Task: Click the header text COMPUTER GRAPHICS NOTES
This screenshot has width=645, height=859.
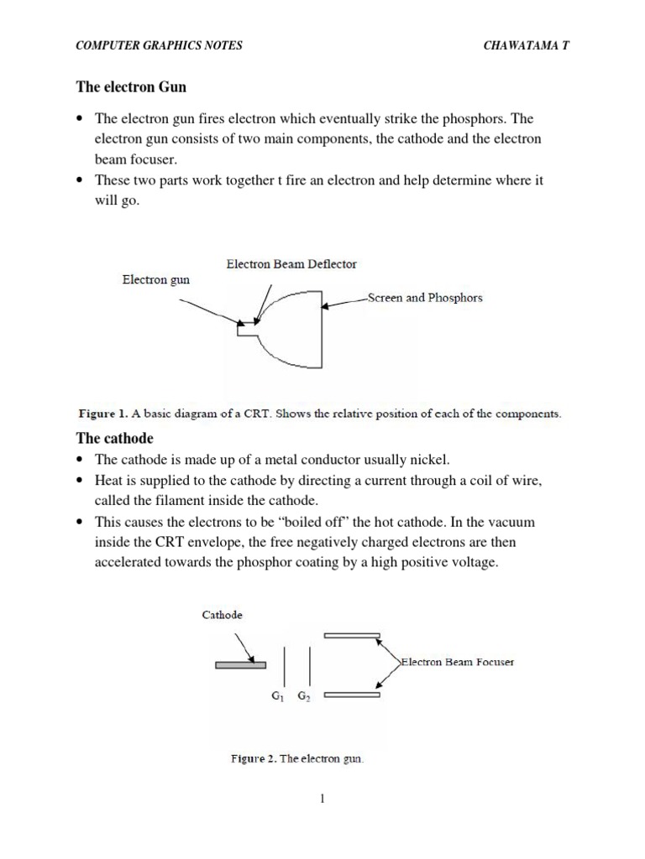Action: coord(159,45)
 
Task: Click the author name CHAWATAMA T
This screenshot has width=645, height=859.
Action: coord(527,45)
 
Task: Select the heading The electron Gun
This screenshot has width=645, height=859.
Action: coord(131,86)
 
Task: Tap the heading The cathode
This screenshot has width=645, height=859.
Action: coord(115,438)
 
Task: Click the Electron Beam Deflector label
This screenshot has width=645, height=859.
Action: coord(291,263)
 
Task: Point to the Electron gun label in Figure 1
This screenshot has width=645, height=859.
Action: coord(156,280)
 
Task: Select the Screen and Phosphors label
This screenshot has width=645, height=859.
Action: coord(425,298)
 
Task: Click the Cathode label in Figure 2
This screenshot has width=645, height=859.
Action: coord(223,614)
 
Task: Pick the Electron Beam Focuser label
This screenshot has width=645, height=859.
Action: coord(458,662)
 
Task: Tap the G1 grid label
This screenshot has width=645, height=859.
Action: coord(278,695)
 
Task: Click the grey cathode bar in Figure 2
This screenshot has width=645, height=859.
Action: coord(240,665)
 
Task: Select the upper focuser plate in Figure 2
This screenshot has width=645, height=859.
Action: coord(352,635)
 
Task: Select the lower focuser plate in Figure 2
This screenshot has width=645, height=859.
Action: coord(352,695)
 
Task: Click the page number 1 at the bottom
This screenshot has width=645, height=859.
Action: coord(322,799)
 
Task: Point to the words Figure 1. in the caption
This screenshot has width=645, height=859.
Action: coord(102,414)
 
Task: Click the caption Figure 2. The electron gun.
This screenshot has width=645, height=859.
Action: coord(297,758)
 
